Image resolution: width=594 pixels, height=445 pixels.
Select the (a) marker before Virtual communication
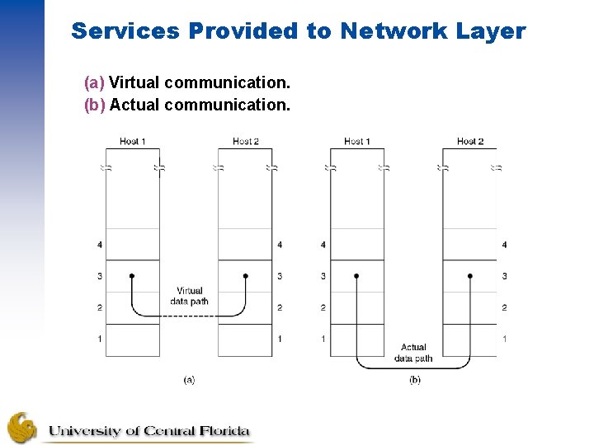94,83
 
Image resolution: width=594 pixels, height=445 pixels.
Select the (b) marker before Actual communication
94,105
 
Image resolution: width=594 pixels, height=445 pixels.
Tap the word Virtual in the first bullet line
134,83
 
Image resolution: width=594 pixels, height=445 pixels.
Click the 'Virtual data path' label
189,296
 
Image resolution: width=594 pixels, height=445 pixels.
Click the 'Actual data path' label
413,353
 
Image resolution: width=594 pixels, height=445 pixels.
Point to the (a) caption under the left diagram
189,380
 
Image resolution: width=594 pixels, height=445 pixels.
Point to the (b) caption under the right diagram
414,380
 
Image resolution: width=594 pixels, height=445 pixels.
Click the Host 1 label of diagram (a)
132,142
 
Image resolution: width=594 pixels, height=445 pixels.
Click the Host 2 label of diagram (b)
470,142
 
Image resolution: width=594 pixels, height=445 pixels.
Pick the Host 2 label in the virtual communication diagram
245,142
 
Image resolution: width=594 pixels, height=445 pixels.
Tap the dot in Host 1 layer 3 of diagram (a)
132,276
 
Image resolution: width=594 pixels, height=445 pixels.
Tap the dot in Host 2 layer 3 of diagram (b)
470,276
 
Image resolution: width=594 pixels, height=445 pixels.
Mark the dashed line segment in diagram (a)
189,325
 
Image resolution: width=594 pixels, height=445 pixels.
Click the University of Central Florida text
148,431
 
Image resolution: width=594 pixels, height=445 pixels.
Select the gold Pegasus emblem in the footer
22,428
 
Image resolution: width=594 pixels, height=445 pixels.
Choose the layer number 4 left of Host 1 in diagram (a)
100,245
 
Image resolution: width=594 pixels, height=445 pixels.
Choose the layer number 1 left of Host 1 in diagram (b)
323,339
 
